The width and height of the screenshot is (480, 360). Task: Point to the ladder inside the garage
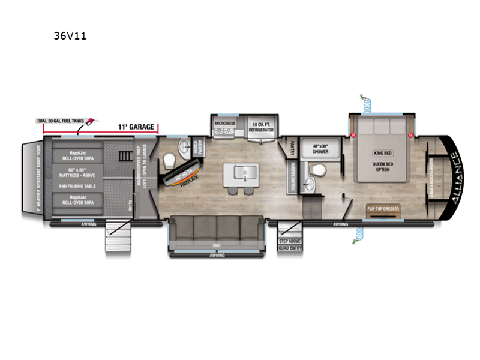click(124, 155)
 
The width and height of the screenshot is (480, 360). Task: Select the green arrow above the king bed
click(363, 98)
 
